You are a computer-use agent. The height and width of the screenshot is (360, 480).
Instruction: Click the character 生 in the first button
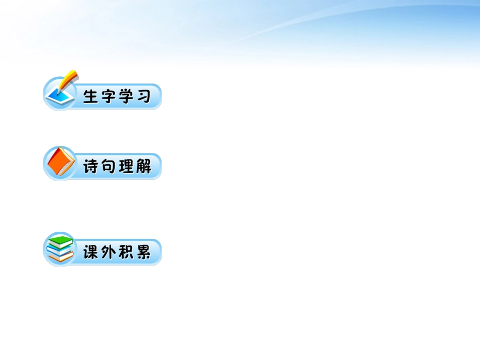click(x=91, y=96)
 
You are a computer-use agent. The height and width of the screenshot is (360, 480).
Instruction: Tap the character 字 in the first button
click(x=109, y=96)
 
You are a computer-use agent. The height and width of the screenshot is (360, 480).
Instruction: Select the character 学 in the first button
click(x=126, y=96)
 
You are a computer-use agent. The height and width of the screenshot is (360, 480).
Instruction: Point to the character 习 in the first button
click(x=143, y=96)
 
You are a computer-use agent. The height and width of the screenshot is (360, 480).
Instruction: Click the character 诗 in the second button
click(x=91, y=167)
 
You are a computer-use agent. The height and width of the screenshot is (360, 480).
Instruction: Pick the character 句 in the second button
click(x=109, y=167)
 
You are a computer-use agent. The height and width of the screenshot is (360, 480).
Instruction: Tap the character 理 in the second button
click(x=126, y=167)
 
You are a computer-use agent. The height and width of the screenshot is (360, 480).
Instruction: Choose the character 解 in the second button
click(x=143, y=167)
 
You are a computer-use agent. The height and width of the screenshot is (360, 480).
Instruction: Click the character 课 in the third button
click(x=91, y=252)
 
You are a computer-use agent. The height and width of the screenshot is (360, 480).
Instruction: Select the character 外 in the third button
click(x=109, y=252)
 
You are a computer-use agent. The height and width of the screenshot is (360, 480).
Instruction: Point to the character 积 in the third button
click(x=126, y=252)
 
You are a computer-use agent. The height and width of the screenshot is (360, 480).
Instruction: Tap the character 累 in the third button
click(x=143, y=252)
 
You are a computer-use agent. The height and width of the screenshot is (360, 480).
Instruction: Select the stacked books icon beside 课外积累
click(x=60, y=249)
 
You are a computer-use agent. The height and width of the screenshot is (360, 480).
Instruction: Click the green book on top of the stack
click(x=61, y=240)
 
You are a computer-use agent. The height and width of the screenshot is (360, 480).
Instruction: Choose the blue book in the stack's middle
click(x=59, y=249)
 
